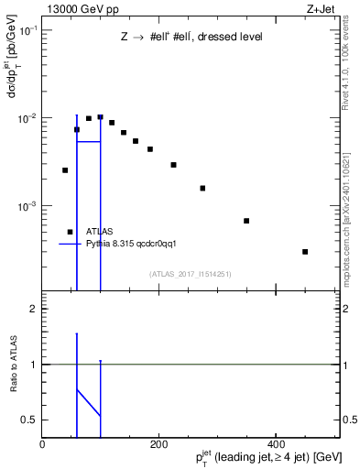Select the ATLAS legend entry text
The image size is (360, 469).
click(x=99, y=232)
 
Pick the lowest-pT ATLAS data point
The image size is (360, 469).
click(x=65, y=170)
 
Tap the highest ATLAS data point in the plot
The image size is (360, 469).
click(x=100, y=117)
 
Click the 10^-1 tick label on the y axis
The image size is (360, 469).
click(x=27, y=30)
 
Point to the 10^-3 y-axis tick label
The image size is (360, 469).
click(x=27, y=206)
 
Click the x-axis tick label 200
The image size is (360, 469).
click(x=159, y=443)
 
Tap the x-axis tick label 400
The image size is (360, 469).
click(x=276, y=443)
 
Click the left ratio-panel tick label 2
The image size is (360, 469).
click(x=33, y=310)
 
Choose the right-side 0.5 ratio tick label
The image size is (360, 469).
click(x=349, y=420)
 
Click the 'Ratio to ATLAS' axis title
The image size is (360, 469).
click(x=14, y=365)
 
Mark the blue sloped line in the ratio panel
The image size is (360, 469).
click(x=88, y=402)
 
